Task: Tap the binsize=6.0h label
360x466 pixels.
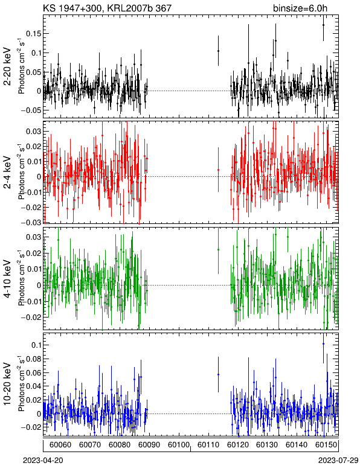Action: click(x=300, y=8)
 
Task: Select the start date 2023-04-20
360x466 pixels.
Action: click(x=43, y=460)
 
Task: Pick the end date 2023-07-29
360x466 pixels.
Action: click(x=338, y=460)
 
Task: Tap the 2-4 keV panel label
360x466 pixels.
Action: click(x=8, y=173)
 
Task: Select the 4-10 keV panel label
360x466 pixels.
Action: click(x=8, y=279)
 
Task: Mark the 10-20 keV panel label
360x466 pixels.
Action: click(x=8, y=383)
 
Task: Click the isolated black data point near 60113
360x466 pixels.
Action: click(x=218, y=51)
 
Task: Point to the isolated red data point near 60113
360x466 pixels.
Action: click(x=218, y=170)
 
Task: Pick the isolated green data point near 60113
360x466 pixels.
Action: click(x=218, y=250)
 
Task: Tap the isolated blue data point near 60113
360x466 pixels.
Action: click(x=218, y=374)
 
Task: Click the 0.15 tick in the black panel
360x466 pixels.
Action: click(x=33, y=34)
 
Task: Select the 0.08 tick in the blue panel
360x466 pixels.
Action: click(x=33, y=359)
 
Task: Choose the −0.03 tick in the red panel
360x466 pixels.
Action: click(x=31, y=222)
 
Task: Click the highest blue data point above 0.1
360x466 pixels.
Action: click(x=323, y=344)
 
